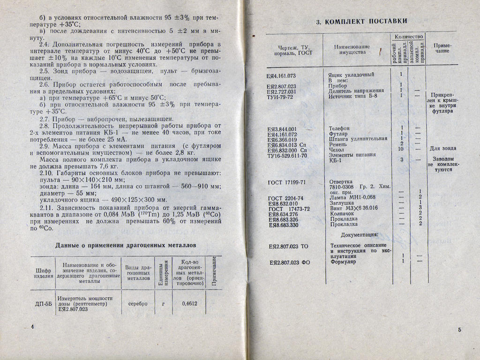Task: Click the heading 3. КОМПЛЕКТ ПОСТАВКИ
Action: click(x=361, y=21)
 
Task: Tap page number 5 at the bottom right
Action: click(x=459, y=330)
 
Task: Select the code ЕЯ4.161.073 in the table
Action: click(x=281, y=75)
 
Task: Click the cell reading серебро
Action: click(x=138, y=303)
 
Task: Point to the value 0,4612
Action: click(x=189, y=303)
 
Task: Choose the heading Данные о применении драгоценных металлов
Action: click(x=126, y=245)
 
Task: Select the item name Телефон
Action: click(x=339, y=128)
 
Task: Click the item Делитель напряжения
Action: click(x=357, y=91)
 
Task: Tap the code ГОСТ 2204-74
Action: click(x=285, y=198)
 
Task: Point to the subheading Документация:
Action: click(x=360, y=235)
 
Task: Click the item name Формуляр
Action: click(x=343, y=262)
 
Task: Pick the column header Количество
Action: click(x=409, y=36)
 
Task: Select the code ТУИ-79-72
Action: click(x=280, y=97)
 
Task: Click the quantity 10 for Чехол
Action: click(x=401, y=150)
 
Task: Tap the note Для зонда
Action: click(x=443, y=149)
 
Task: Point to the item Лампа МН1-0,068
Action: click(x=352, y=198)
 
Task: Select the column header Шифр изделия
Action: click(x=43, y=273)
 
